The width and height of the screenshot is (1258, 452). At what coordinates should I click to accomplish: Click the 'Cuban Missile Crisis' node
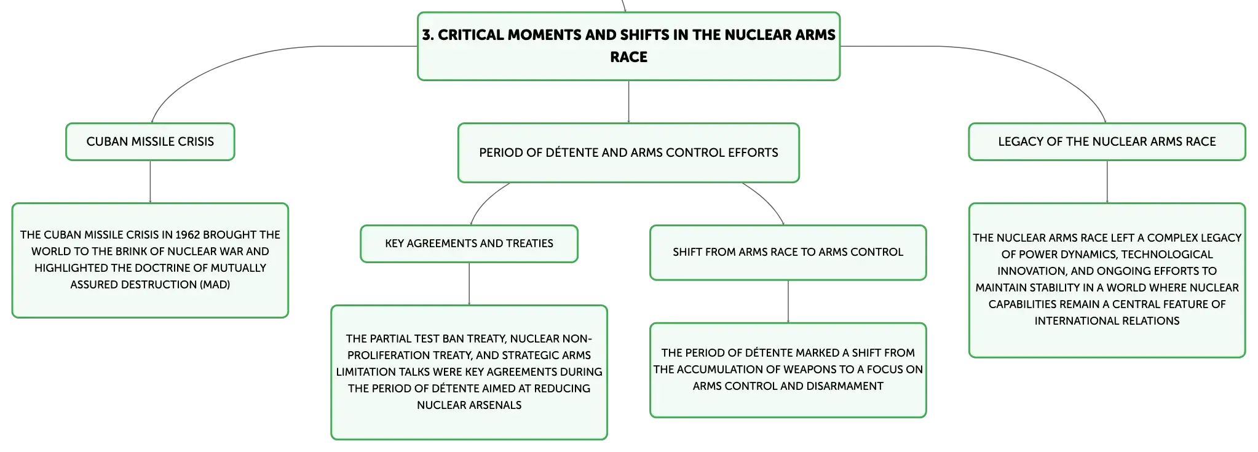pyautogui.click(x=150, y=141)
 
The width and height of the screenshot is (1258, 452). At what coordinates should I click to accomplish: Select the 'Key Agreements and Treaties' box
pyautogui.click(x=469, y=244)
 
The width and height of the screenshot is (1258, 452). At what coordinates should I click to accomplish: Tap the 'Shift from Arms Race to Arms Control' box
pyautogui.click(x=788, y=252)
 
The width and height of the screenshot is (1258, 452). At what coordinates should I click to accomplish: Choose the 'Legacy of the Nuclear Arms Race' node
pyautogui.click(x=1107, y=141)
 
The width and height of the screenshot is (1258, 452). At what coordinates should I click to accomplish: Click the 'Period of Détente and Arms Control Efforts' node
pyautogui.click(x=628, y=153)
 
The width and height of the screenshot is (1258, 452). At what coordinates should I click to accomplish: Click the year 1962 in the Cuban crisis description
pyautogui.click(x=188, y=235)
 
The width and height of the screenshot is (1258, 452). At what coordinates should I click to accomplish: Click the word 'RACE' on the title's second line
pyautogui.click(x=628, y=57)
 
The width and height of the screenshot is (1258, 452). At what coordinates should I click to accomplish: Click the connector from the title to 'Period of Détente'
pyautogui.click(x=628, y=101)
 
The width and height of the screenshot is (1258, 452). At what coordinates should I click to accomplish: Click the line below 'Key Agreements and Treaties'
pyautogui.click(x=469, y=284)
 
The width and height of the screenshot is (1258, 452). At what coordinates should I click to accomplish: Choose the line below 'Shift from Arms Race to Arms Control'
pyautogui.click(x=788, y=301)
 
